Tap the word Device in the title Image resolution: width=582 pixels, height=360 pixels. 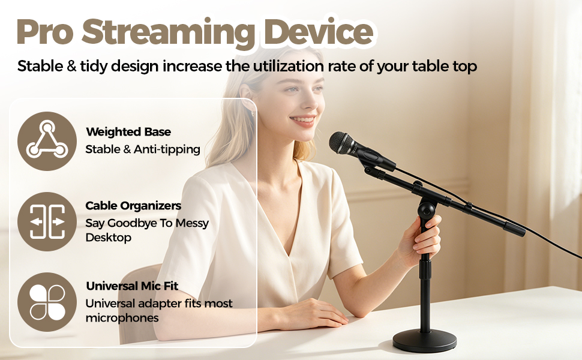pyautogui.click(x=319, y=32)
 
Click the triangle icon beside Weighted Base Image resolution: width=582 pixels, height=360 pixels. pyautogui.click(x=47, y=141)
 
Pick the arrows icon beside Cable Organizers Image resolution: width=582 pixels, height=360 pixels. pyautogui.click(x=47, y=221)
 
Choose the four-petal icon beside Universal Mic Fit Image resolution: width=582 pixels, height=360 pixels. pyautogui.click(x=47, y=302)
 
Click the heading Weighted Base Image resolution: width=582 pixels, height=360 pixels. pyautogui.click(x=128, y=132)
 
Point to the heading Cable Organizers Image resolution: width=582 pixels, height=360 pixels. pyautogui.click(x=133, y=206)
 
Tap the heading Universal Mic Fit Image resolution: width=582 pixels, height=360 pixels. pyautogui.click(x=132, y=286)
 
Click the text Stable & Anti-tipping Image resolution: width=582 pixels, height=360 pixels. pyautogui.click(x=143, y=149)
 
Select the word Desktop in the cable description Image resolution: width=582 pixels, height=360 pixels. pyautogui.click(x=109, y=238)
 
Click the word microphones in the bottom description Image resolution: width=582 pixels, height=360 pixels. pyautogui.click(x=122, y=318)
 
